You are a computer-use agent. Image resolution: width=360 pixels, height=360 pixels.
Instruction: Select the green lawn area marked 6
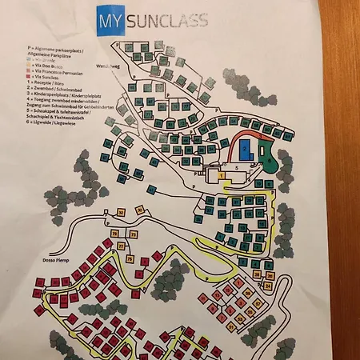(271, 163)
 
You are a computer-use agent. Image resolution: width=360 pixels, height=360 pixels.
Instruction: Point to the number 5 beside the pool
(238, 168)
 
